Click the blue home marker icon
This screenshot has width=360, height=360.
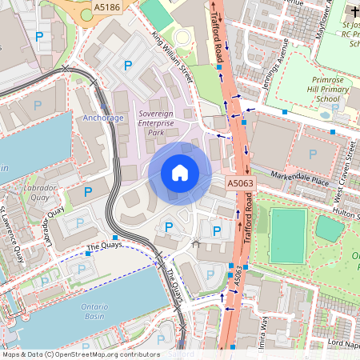coord(180,173)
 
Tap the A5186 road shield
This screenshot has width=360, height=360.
coord(106,6)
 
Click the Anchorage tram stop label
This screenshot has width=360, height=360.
coord(104,118)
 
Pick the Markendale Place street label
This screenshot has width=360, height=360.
coord(299,179)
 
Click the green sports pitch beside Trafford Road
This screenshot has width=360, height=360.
coord(287,235)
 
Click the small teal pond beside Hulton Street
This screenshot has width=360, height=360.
coord(330,229)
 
